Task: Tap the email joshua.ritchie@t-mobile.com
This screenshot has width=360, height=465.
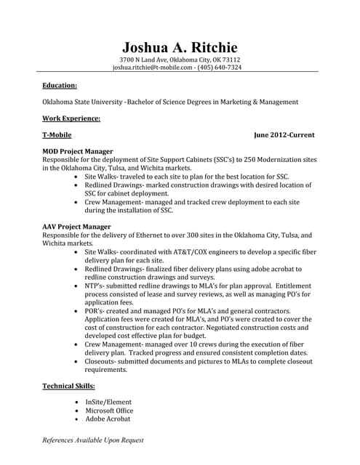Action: pos(152,68)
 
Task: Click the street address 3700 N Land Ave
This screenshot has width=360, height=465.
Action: pos(143,60)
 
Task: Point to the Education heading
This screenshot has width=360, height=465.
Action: pos(60,85)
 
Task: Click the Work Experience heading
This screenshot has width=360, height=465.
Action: pos(71,118)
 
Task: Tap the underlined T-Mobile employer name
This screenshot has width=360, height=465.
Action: pos(57,135)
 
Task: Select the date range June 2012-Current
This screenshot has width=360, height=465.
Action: pos(284,135)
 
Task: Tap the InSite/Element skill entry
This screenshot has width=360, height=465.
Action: pos(109,402)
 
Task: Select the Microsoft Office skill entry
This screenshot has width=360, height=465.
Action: pos(109,411)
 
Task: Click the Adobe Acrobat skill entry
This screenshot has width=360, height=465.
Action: pos(108,419)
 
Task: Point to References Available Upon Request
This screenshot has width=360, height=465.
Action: pos(93,440)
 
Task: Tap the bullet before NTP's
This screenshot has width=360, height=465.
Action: pos(77,286)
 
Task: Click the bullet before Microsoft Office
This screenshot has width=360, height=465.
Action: pos(77,411)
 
